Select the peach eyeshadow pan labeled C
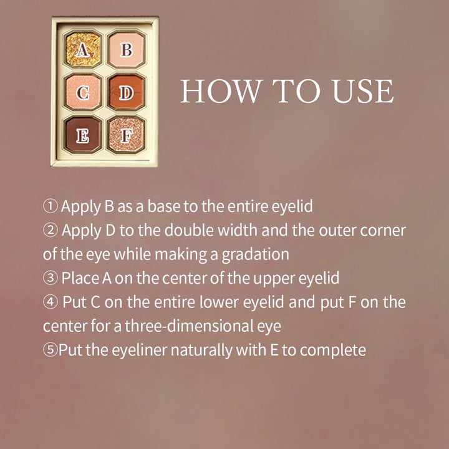click(x=82, y=93)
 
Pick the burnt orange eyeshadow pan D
click(x=126, y=93)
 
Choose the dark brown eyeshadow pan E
click(x=82, y=134)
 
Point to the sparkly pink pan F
click(x=126, y=134)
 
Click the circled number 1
click(x=50, y=206)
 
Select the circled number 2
click(x=50, y=231)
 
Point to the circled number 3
click(x=50, y=278)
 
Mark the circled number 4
click(x=50, y=302)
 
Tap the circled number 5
click(x=50, y=350)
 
